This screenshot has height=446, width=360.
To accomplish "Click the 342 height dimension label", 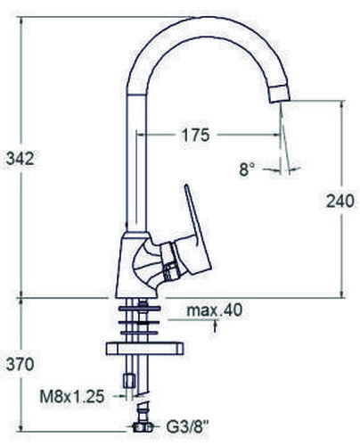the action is [20, 159].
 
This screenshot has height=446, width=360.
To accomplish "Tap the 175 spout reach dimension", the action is [196, 135].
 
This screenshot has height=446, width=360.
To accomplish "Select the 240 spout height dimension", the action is [340, 201].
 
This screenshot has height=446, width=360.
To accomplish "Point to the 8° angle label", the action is [247, 169].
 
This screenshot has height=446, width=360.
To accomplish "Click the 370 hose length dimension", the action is [20, 364].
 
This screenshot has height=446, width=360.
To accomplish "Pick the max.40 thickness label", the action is [215, 310].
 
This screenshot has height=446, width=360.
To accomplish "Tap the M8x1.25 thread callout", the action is [72, 396].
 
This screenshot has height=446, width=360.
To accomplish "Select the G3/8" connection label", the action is [187, 427].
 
